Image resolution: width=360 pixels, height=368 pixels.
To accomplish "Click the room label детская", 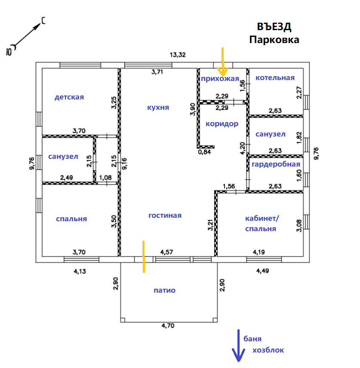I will click(69, 97).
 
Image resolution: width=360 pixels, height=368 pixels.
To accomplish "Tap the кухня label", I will click(158, 107).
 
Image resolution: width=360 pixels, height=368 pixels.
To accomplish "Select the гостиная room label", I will click(165, 215).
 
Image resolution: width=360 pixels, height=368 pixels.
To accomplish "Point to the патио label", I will click(164, 290).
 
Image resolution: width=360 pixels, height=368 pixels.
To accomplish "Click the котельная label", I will click(275, 77).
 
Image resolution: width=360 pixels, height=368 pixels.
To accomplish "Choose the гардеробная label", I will click(276, 164).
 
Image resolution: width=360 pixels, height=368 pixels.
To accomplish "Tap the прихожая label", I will click(220, 78).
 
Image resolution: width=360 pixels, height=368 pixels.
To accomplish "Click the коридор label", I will click(222, 124).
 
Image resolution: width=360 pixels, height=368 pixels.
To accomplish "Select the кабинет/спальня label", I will click(262, 223).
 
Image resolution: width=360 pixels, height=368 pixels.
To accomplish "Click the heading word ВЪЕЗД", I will click(274, 27).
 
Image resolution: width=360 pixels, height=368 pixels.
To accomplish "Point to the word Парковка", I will click(274, 40).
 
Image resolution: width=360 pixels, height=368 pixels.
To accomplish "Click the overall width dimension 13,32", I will click(178, 55).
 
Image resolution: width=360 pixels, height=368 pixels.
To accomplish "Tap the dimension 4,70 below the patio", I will click(168, 326).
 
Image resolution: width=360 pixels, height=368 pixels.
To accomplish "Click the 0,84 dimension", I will click(204, 152).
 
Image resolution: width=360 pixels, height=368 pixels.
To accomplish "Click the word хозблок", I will click(268, 350).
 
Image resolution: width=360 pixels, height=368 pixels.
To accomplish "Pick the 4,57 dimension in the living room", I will click(167, 251).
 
